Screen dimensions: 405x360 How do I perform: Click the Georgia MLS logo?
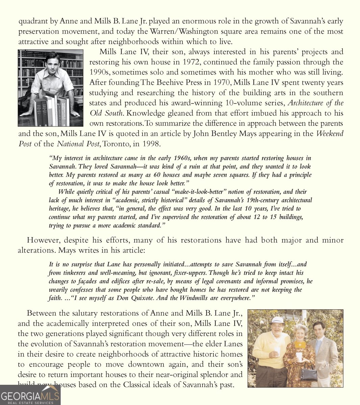[x=30, y=395]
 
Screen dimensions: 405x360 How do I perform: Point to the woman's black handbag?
[x=309, y=374]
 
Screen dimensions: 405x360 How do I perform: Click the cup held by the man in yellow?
[x=277, y=351]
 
